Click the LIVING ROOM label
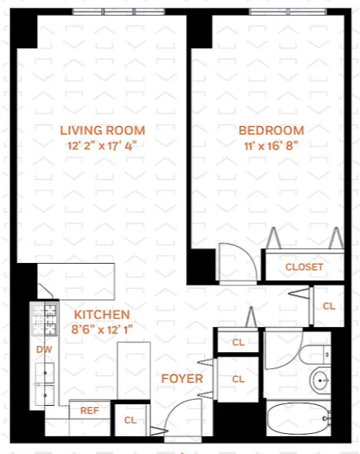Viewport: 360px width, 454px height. pyautogui.click(x=103, y=131)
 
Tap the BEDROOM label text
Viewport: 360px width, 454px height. pyautogui.click(x=271, y=131)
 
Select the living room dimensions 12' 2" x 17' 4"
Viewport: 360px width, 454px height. pyautogui.click(x=102, y=146)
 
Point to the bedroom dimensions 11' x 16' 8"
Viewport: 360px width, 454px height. pyautogui.click(x=271, y=146)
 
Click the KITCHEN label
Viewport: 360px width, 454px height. pyautogui.click(x=102, y=315)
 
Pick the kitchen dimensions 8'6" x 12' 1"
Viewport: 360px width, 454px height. pyautogui.click(x=102, y=329)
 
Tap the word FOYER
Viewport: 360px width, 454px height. pyautogui.click(x=182, y=379)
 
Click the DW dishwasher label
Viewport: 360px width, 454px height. pyautogui.click(x=44, y=349)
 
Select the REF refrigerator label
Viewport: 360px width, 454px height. pyautogui.click(x=89, y=411)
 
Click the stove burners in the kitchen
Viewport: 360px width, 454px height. pyautogui.click(x=45, y=319)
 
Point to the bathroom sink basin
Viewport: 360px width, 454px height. pyautogui.click(x=320, y=380)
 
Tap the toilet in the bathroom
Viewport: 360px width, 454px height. pyautogui.click(x=315, y=354)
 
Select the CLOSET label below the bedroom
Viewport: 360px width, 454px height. pyautogui.click(x=304, y=267)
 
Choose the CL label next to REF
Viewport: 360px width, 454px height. pyautogui.click(x=130, y=420)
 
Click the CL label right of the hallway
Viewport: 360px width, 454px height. pyautogui.click(x=329, y=306)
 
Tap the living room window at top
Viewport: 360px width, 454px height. pyautogui.click(x=118, y=12)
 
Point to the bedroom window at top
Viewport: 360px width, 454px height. pyautogui.click(x=288, y=12)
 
